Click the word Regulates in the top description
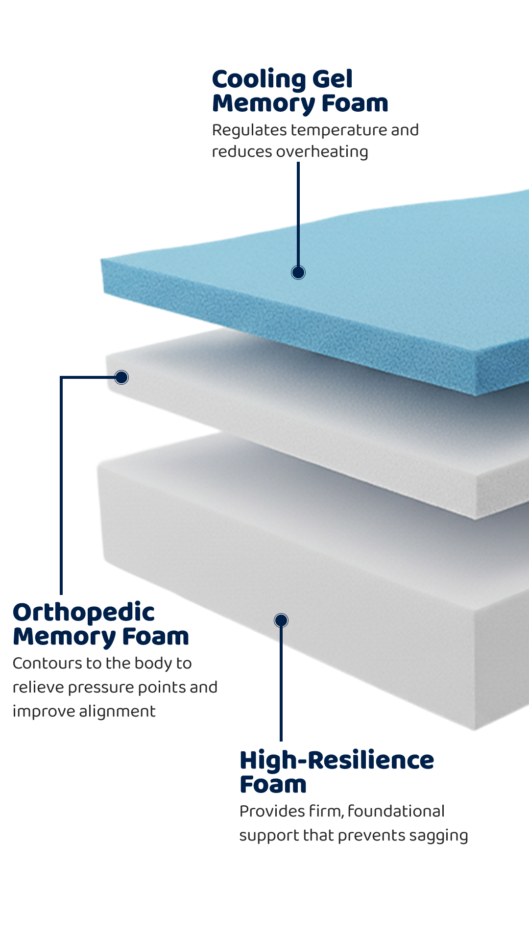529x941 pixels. tap(249, 130)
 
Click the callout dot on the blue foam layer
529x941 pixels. tap(298, 272)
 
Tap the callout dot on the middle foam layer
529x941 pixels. tap(121, 377)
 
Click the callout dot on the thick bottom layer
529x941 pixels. tap(281, 620)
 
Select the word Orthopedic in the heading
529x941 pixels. tap(84, 613)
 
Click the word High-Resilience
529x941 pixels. tap(337, 761)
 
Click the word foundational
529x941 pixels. tap(396, 812)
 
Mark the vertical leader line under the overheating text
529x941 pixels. tap(298, 216)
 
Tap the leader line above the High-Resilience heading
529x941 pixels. tap(281, 686)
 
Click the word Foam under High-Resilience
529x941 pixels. tap(273, 785)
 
